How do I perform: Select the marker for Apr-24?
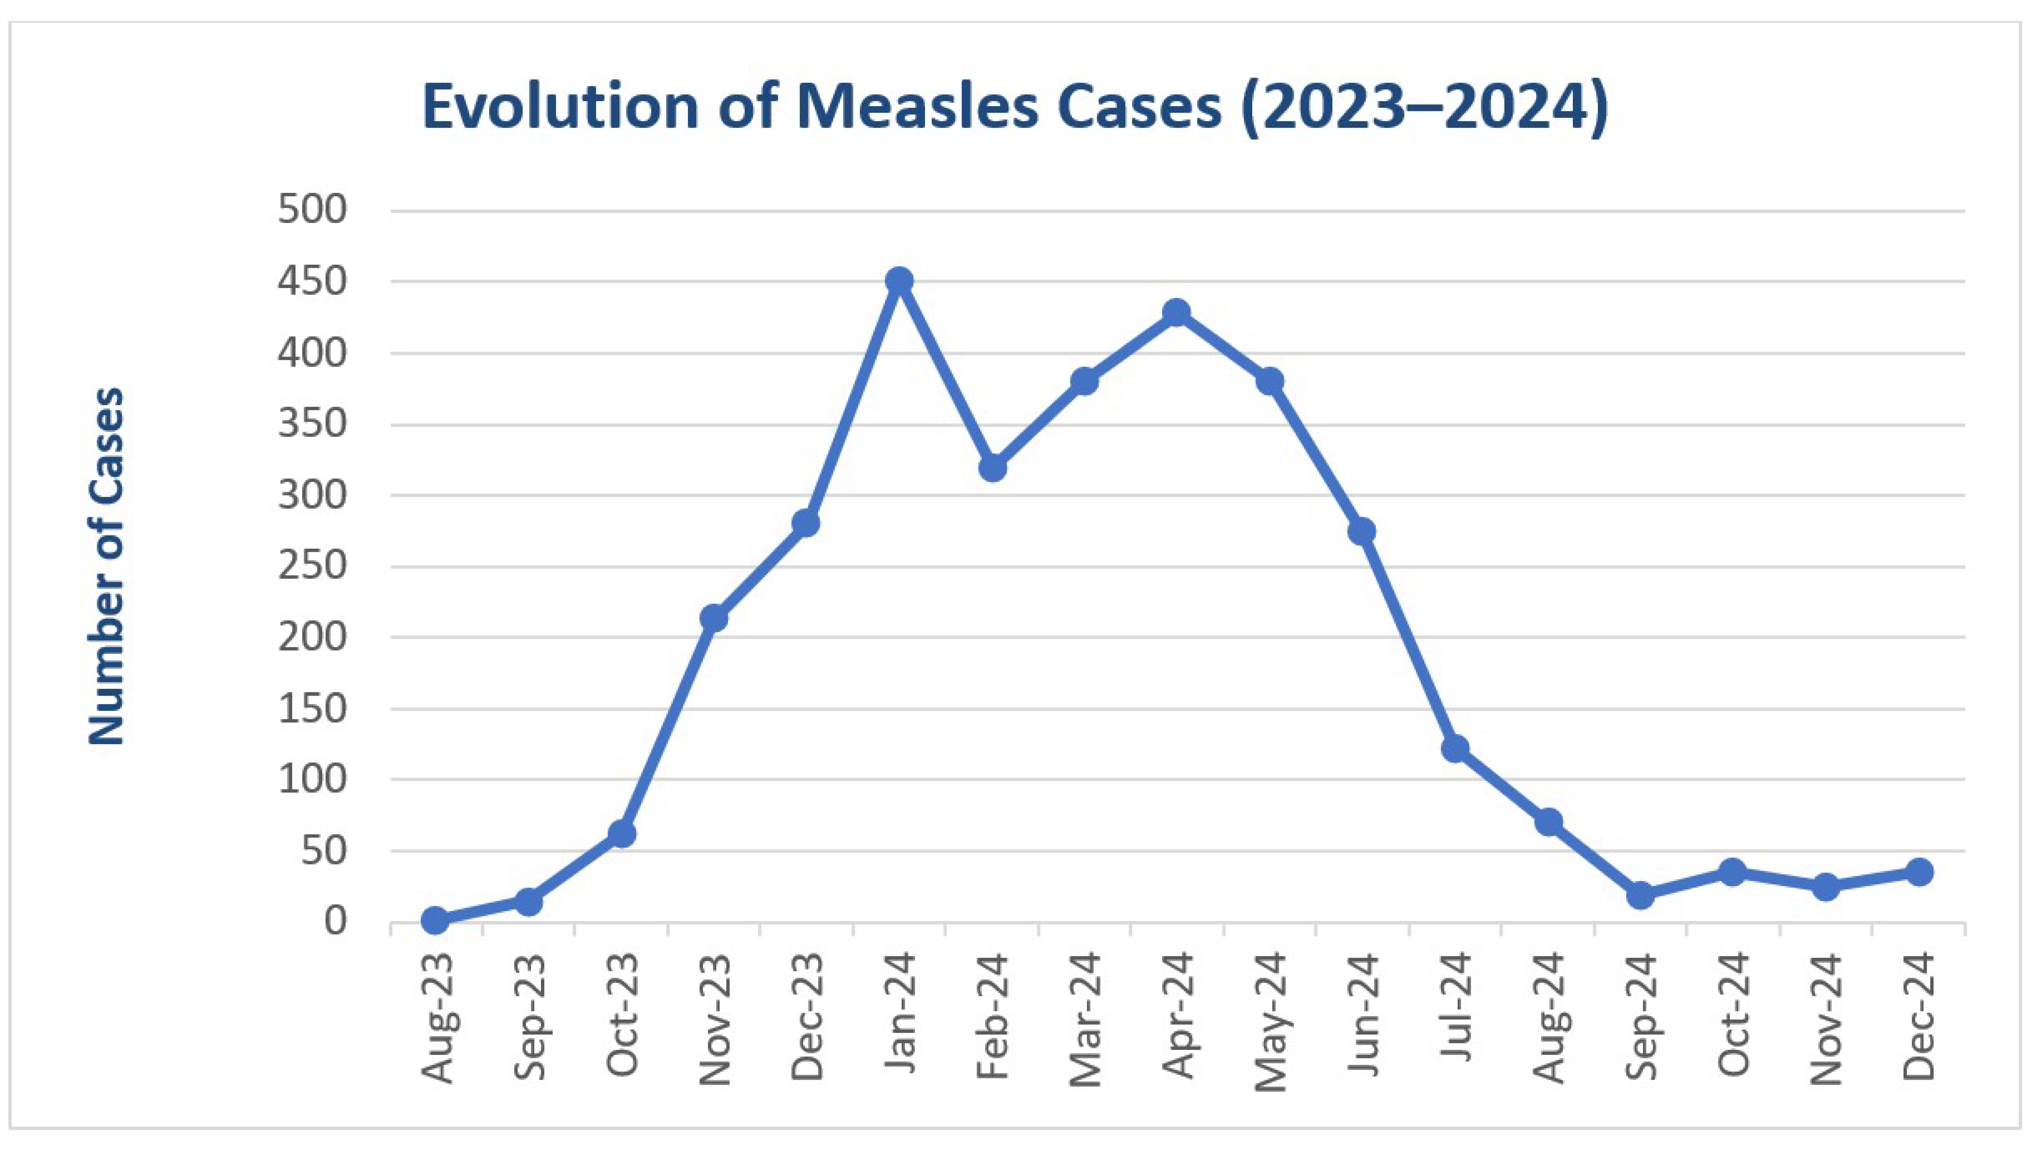[x=1177, y=312]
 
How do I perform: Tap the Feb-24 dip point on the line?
[x=993, y=468]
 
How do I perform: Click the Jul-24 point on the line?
[x=1455, y=748]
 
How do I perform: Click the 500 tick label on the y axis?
[x=312, y=210]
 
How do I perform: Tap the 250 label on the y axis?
[x=312, y=566]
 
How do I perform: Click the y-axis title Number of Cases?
[x=107, y=566]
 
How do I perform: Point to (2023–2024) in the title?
[x=1424, y=107]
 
